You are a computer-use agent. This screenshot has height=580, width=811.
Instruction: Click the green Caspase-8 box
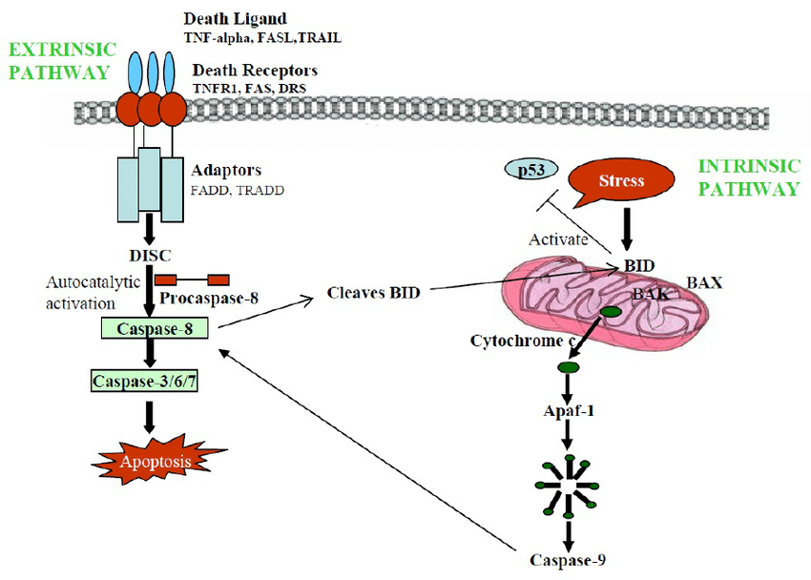pos(158,329)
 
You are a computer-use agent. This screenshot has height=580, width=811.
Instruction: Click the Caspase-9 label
pos(569,557)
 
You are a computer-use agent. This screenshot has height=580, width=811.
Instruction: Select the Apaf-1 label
pos(570,412)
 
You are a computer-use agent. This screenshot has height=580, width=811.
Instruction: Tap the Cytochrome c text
pos(524,341)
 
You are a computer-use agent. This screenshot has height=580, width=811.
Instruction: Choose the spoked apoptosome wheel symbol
pos(569,483)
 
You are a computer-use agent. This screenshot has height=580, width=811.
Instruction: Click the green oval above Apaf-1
pos(568,367)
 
